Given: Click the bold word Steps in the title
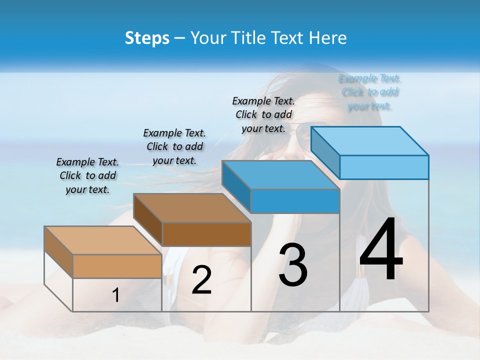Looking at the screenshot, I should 147,38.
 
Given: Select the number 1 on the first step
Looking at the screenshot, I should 116,295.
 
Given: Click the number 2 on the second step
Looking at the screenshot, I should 201,280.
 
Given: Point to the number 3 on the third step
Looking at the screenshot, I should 293,265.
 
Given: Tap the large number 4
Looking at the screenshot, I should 381,250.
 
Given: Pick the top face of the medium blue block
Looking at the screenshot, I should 280,175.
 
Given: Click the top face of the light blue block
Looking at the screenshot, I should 370,140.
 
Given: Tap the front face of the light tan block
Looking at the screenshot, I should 117,266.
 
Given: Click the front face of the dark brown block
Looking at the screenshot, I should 206,234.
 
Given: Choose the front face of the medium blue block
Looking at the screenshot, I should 295,201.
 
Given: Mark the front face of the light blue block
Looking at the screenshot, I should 384,167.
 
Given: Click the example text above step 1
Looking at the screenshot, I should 87,175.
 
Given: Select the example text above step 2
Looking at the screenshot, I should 174,146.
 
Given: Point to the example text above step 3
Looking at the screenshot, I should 263,114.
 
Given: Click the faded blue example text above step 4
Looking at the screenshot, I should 370,92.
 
